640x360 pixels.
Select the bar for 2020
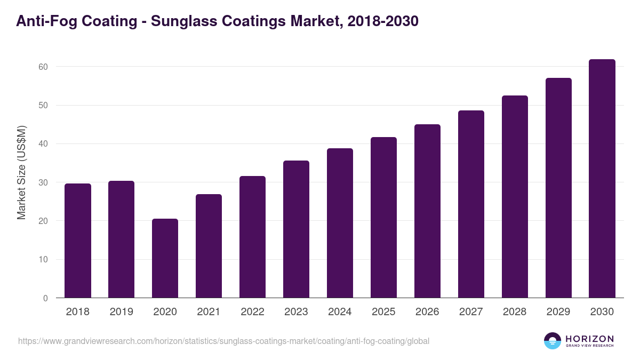pos(165,258)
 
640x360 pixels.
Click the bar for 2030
pos(602,179)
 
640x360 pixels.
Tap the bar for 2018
pos(78,241)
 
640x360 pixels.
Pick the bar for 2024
pos(340,223)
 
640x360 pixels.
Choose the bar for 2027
pos(471,204)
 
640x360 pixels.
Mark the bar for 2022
pos(252,237)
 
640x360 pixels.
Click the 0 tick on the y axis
pos(45,298)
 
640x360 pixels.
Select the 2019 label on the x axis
pos(121,312)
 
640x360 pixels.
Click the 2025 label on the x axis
pos(383,312)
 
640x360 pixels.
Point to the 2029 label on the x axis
pos(558,312)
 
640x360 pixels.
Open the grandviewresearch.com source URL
pos(223,341)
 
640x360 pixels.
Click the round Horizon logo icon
pos(553,341)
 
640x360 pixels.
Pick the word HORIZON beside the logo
pos(589,339)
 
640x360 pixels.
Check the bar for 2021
pos(209,246)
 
